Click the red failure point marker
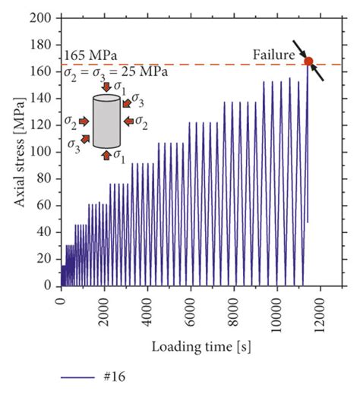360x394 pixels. click(309, 61)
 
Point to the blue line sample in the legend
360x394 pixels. click(79, 376)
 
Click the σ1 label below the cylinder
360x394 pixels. click(121, 156)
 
